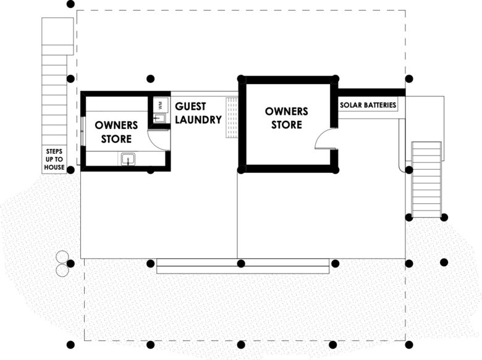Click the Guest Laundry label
[x=198, y=113]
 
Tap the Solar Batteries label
[x=368, y=105]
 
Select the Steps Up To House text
[x=54, y=159]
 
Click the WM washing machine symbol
[x=160, y=106]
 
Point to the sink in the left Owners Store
[x=127, y=159]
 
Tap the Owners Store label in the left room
[x=116, y=132]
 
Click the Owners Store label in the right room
[x=287, y=118]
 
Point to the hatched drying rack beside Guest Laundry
[x=232, y=118]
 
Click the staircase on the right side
[x=426, y=180]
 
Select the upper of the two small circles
[x=62, y=256]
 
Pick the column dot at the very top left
[x=70, y=4]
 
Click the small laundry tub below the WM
[x=159, y=119]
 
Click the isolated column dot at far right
[x=444, y=262]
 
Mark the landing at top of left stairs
[x=57, y=36]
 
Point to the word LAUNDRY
[x=198, y=120]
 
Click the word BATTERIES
[x=379, y=105]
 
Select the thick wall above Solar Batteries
[x=371, y=92]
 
